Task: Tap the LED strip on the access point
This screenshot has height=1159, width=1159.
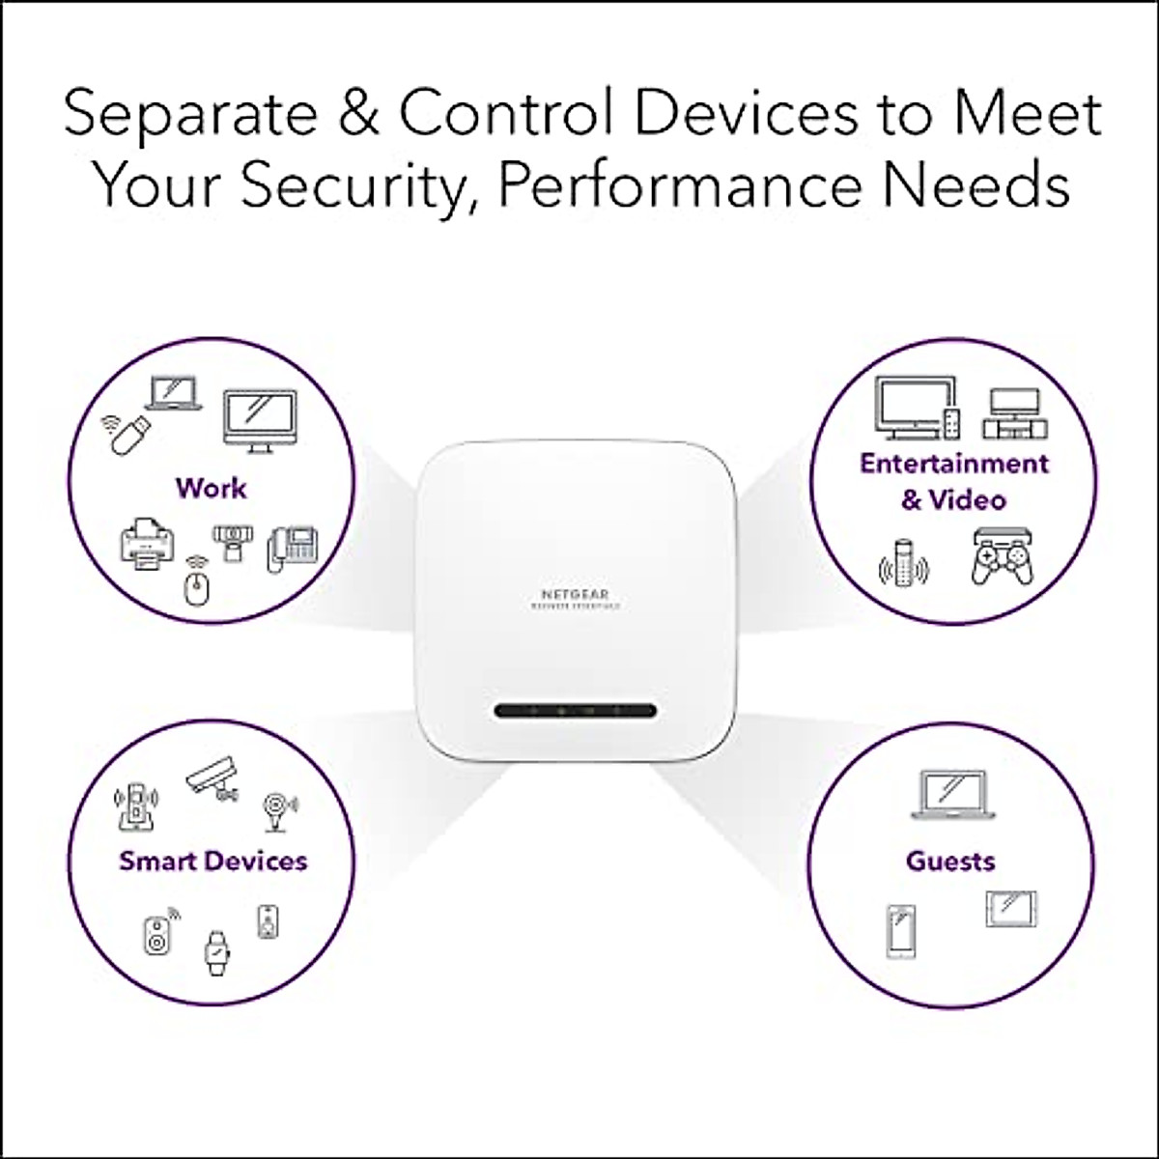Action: pos(576,711)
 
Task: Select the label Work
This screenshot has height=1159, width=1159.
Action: pos(211,488)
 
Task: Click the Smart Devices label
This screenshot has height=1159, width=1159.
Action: pos(212,861)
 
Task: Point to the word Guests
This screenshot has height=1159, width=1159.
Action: pos(950,861)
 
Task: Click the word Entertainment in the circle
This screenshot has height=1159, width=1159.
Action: pos(954,464)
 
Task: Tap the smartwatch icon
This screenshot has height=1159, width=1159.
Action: pos(214,951)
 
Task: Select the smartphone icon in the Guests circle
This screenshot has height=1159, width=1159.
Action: pos(901,931)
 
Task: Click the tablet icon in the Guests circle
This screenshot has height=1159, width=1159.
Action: pos(1010,908)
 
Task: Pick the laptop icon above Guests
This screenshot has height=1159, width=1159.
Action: pos(951,795)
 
